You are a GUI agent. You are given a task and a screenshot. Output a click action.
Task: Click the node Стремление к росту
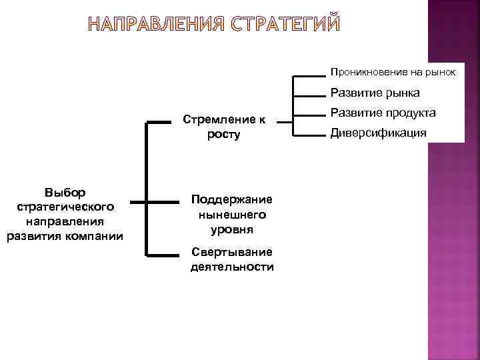point(224,127)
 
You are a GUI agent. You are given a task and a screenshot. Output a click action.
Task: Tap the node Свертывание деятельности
point(231,259)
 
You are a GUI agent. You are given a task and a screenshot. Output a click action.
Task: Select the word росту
point(224,135)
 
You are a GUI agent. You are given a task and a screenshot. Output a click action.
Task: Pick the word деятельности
point(231,267)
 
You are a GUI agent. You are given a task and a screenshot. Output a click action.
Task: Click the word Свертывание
point(231,252)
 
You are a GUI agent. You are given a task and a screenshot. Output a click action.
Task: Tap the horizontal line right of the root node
point(137,202)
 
